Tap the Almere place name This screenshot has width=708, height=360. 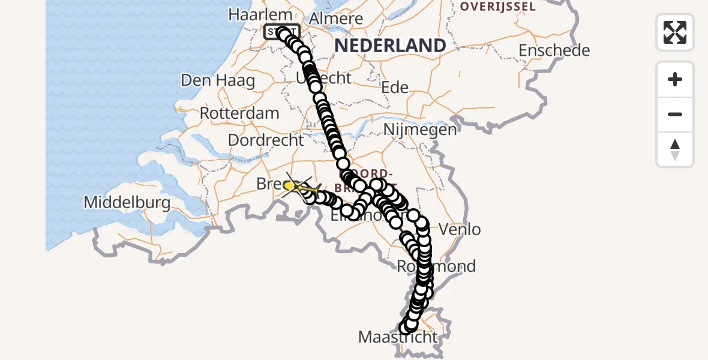click(337, 19)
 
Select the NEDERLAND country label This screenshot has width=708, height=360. click(390, 46)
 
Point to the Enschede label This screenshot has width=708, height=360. click(554, 50)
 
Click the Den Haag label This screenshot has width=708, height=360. click(218, 80)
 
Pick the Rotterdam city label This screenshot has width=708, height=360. click(239, 113)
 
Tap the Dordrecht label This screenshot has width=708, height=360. click(266, 140)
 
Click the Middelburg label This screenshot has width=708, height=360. click(127, 202)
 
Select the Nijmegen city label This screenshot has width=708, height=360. click(419, 129)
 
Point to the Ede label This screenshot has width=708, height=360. click(395, 88)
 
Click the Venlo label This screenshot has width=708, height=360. click(460, 229)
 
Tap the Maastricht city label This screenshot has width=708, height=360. click(398, 337)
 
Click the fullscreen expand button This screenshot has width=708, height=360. click(674, 32)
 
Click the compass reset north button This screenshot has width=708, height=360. click(674, 149)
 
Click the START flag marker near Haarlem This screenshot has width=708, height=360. click(281, 32)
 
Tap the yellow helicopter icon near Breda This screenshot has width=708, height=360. click(290, 186)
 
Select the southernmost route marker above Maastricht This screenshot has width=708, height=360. click(405, 328)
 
